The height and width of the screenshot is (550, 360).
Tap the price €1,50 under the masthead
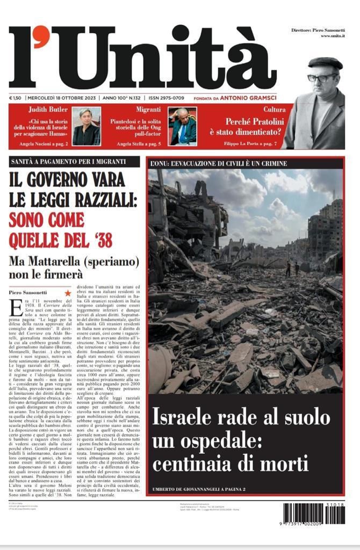[x=15, y=98]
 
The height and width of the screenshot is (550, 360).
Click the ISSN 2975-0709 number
[x=167, y=98]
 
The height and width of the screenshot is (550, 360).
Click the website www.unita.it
[x=333, y=36]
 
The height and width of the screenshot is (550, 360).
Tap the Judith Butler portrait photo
[x=86, y=126]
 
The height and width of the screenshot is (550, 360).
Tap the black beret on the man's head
[x=325, y=63]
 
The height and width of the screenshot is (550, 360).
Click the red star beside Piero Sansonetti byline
[x=68, y=293]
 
